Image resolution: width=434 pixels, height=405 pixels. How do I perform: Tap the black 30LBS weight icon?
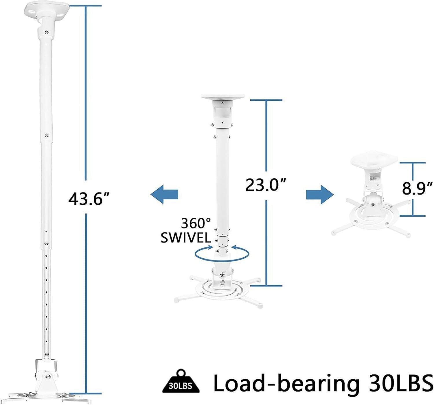click(x=181, y=383)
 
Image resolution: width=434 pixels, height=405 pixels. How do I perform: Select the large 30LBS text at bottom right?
click(x=400, y=382)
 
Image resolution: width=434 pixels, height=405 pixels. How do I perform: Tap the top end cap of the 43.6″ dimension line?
click(x=85, y=5)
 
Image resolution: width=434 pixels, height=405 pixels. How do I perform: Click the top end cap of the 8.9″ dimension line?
click(x=413, y=163)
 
